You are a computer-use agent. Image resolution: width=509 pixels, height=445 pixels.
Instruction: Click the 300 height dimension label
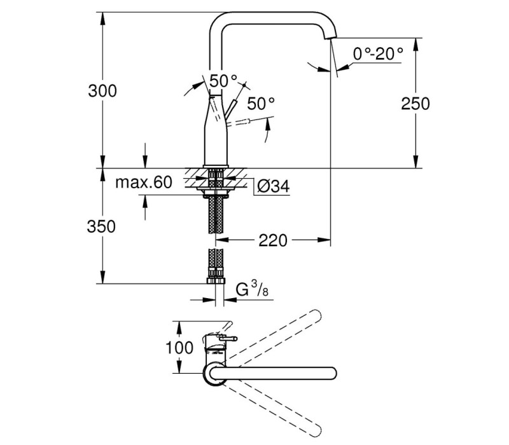click(102, 91)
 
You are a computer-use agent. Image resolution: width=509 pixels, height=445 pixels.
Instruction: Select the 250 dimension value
click(415, 104)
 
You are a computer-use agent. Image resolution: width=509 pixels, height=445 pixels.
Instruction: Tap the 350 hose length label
click(101, 226)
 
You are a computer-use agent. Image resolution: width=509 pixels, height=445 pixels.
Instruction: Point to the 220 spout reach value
click(273, 241)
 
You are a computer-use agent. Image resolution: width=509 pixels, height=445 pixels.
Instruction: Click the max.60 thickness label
click(144, 182)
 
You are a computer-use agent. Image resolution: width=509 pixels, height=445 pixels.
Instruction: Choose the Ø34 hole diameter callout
click(273, 186)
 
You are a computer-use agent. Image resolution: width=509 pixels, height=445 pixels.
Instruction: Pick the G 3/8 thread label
click(252, 289)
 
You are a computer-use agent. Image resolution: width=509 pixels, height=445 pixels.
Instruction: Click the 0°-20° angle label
click(378, 53)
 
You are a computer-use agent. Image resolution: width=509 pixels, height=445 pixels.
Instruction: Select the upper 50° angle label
click(223, 81)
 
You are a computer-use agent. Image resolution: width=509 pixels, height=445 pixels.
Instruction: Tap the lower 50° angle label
click(261, 104)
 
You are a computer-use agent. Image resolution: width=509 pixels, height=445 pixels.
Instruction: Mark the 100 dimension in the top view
click(179, 348)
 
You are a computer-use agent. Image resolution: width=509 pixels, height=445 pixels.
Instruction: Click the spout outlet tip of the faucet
click(330, 38)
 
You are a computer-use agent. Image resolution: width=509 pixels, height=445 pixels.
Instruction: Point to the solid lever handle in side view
click(232, 109)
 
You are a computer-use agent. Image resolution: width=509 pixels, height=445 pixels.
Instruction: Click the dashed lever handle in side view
click(239, 123)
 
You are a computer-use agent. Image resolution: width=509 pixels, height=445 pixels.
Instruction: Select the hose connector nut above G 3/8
click(216, 280)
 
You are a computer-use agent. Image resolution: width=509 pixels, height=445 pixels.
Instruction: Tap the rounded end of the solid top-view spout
click(331, 373)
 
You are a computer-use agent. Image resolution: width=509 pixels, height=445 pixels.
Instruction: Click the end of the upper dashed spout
click(315, 315)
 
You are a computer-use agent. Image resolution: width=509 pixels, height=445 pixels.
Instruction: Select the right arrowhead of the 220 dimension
click(324, 240)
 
